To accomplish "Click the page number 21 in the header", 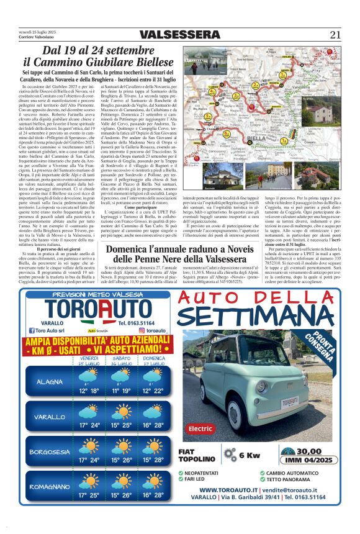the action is [335, 34].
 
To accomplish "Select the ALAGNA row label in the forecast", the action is [50, 382].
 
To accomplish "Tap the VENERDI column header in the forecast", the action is [89, 358].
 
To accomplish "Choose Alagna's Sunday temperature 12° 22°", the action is [154, 391].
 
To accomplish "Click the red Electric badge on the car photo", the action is [200, 428].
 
